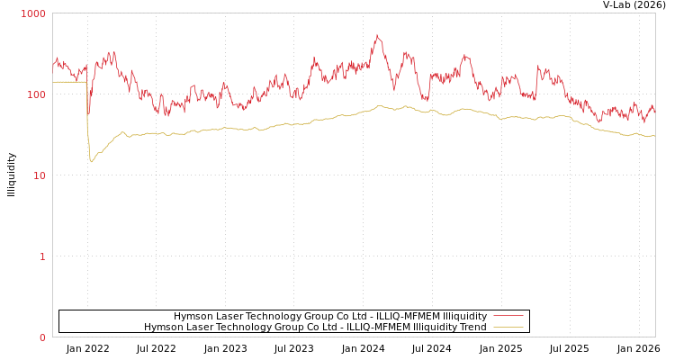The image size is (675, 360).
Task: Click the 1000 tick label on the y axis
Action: [33, 14]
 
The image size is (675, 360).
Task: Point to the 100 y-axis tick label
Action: [36, 94]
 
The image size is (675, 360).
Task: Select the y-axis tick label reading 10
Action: [39, 175]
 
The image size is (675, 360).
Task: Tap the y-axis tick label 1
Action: [41, 256]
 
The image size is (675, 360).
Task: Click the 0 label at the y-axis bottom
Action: [41, 337]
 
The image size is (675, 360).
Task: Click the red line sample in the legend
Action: [508, 316]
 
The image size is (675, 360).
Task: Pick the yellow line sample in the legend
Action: [508, 327]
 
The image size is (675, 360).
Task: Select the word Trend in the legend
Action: [472, 327]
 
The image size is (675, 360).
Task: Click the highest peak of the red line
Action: [377, 35]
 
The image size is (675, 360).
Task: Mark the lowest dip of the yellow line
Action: [91, 162]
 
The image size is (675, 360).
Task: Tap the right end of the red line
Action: [654, 112]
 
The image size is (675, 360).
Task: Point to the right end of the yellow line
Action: [654, 136]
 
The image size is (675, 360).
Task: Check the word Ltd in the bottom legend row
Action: [323, 327]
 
